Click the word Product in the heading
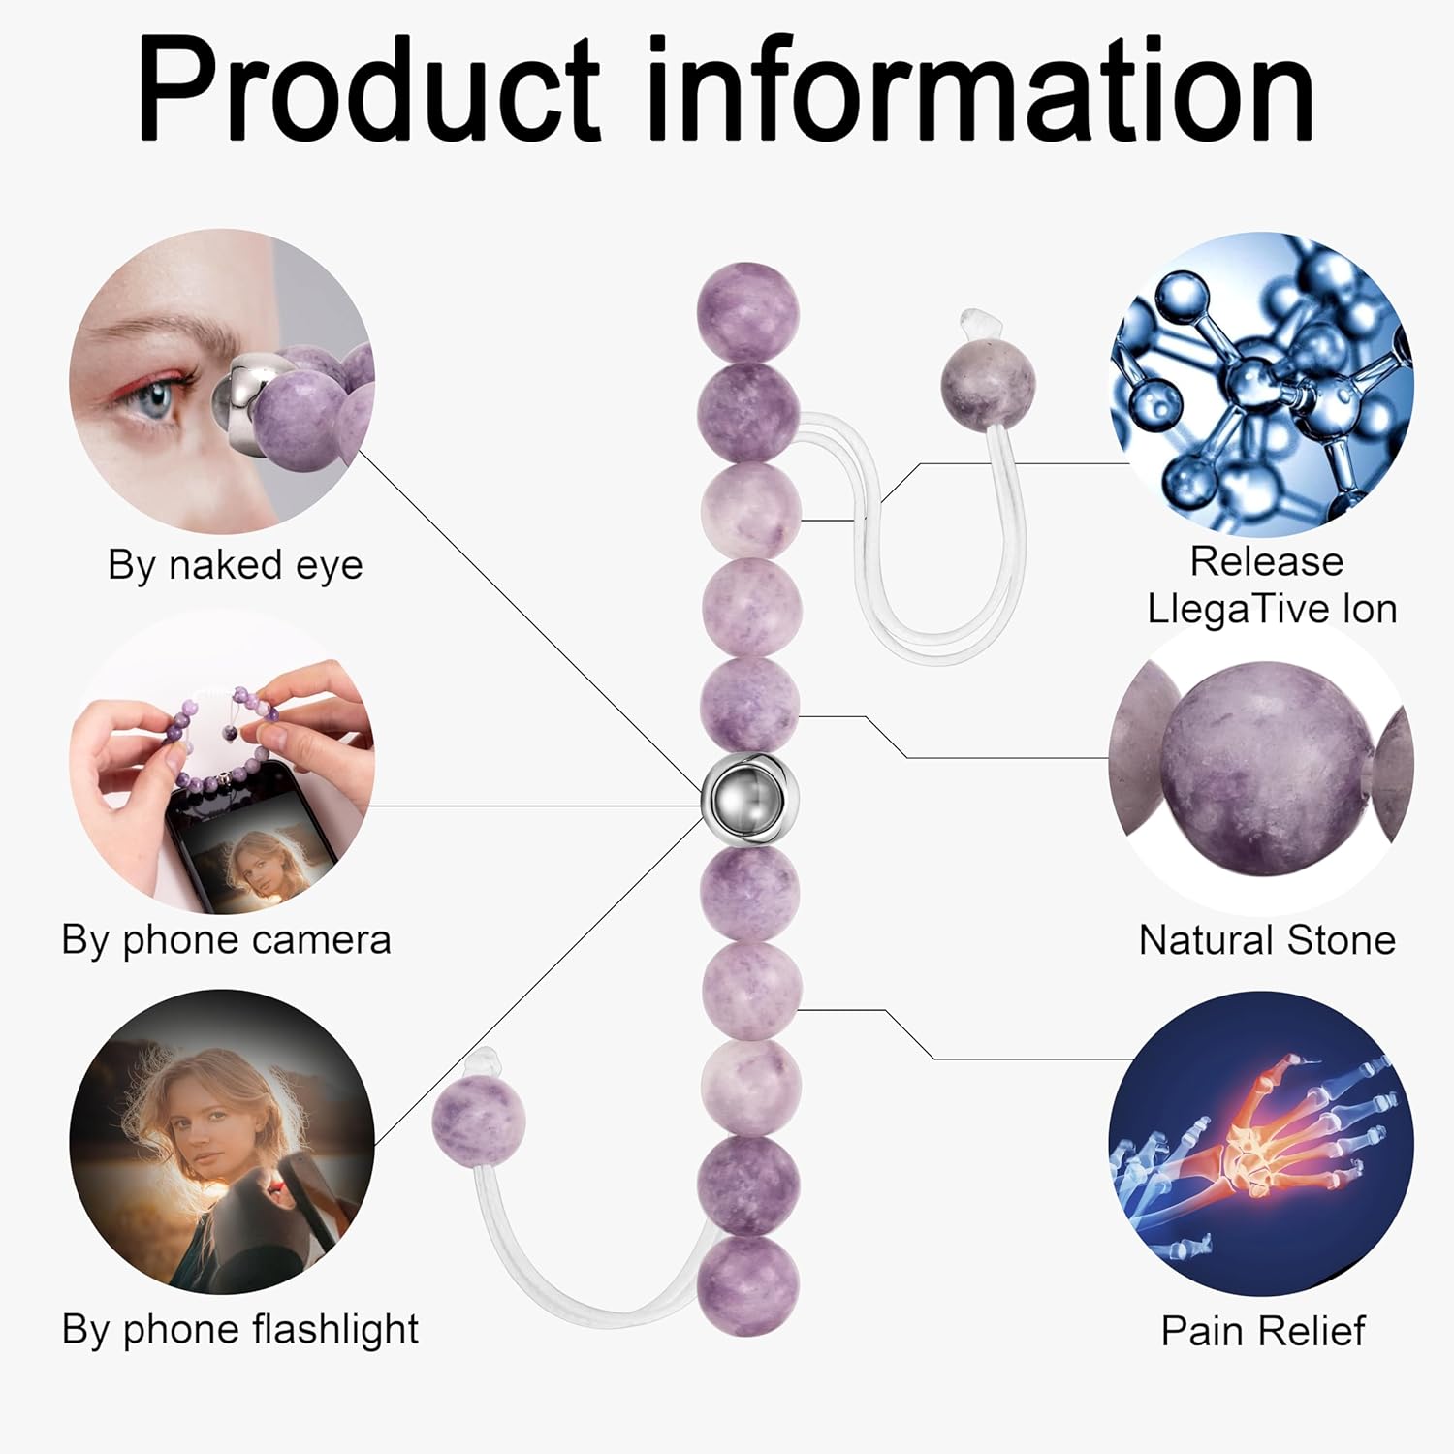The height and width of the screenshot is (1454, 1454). [368, 89]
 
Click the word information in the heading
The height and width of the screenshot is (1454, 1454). [979, 89]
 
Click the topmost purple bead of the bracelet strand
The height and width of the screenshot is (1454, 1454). [747, 312]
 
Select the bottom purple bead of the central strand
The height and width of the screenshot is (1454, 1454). [747, 1285]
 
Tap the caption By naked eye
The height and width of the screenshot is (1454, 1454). [236, 565]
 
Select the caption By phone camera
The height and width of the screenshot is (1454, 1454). [226, 940]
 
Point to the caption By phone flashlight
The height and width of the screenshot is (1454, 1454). [239, 1329]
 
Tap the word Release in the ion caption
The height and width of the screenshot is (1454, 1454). [1266, 562]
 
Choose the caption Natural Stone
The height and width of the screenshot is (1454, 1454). [1267, 940]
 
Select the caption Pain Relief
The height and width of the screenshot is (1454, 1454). [1263, 1331]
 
